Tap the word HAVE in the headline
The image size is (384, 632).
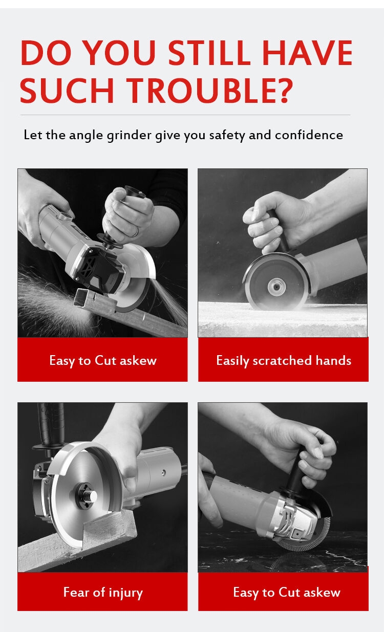307,53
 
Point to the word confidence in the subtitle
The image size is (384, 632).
309,135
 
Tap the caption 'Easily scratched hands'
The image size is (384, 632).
284,361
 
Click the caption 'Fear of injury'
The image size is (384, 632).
103,592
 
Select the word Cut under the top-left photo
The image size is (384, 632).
105,360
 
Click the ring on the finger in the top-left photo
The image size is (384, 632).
137,232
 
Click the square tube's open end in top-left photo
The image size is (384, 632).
80,297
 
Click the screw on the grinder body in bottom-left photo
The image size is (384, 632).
163,472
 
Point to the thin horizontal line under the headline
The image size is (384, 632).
185,115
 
